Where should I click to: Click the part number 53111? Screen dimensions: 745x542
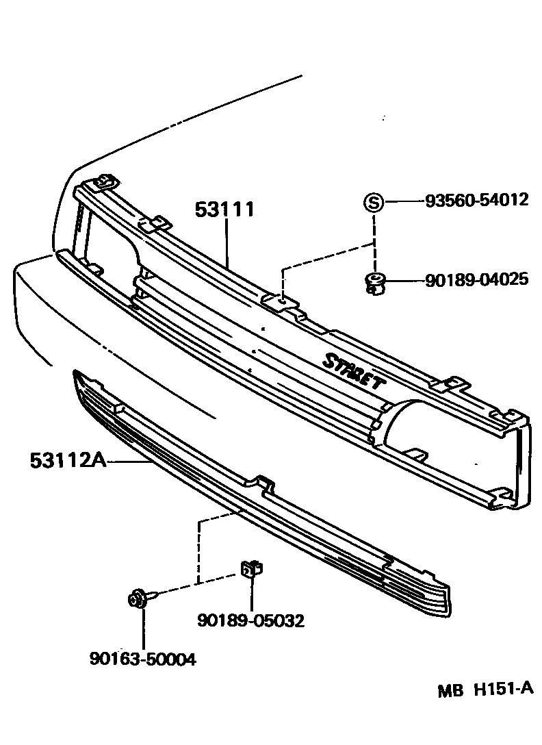[224, 210]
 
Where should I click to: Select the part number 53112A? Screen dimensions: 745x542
[67, 460]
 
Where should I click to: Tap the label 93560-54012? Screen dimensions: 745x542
[476, 200]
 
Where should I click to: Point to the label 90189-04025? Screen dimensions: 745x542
[476, 279]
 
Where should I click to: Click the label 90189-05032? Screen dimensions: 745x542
[250, 620]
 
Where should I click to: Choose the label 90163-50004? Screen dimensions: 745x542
[142, 659]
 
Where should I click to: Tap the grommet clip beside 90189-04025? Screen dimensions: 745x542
[374, 281]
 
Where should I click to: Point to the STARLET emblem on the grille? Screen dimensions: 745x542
[353, 370]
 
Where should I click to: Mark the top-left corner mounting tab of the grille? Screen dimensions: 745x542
[104, 181]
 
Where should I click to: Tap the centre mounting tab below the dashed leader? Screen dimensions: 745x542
[281, 301]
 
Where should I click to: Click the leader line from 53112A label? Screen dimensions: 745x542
[130, 462]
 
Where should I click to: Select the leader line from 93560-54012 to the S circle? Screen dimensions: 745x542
[404, 201]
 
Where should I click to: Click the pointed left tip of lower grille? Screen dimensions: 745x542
[75, 374]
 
